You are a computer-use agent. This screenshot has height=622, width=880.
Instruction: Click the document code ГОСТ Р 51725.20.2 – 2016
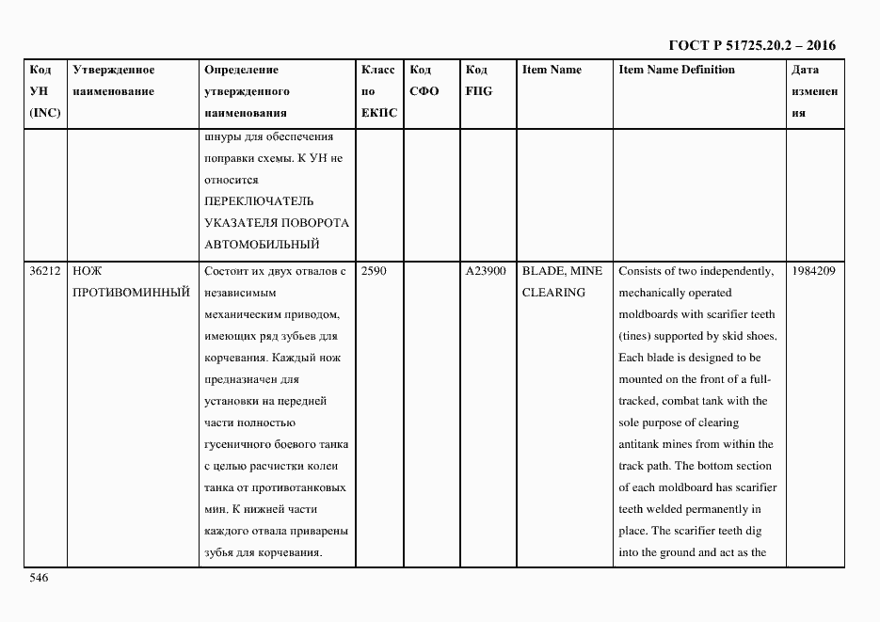pos(751,45)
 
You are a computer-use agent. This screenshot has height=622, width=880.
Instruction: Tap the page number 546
pos(39,578)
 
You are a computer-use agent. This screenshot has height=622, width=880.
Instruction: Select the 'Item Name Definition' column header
pos(677,70)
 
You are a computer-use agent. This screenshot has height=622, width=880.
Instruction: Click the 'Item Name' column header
pos(552,70)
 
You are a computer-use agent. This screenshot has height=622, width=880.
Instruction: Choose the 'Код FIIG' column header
pos(478,81)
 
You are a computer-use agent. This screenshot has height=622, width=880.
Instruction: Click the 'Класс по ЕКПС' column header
pos(379,91)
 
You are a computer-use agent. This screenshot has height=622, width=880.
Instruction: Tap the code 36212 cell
pos(45,271)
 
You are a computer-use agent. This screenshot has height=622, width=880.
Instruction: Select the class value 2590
pos(375,271)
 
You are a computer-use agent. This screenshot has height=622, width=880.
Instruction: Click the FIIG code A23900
pos(486,271)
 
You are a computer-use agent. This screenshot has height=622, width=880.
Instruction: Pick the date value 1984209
pos(814,271)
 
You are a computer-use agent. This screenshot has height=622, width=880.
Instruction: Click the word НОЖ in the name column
pos(88,271)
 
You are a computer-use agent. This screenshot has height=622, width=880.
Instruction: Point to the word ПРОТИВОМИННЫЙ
pos(131,293)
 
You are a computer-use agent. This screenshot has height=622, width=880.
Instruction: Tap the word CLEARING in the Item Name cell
pos(553,293)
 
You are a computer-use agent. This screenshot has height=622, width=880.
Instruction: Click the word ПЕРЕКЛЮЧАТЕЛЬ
pos(259,201)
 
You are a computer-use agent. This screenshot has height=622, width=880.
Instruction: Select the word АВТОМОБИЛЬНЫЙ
pos(261,245)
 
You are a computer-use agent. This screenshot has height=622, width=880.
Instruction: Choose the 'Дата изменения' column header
pos(814,91)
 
